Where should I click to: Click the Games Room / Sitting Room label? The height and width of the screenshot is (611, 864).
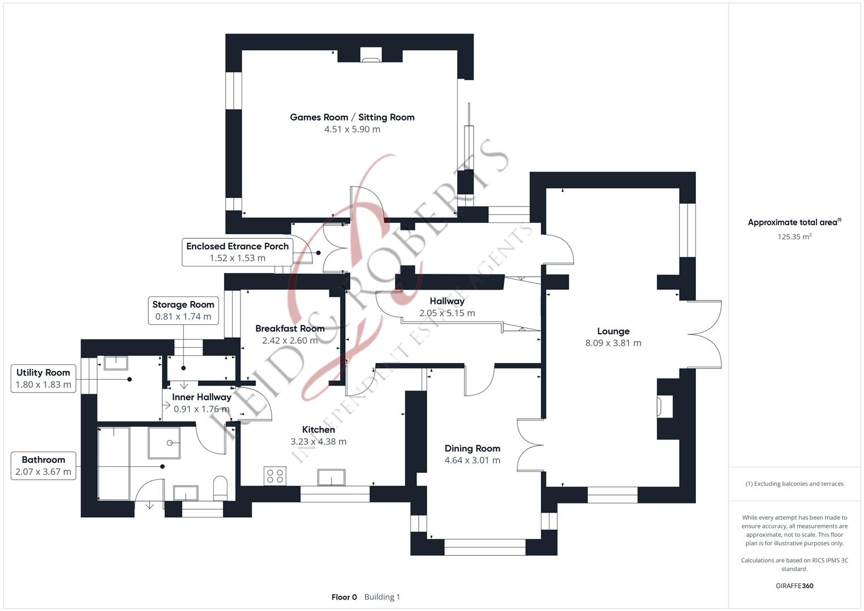(352, 117)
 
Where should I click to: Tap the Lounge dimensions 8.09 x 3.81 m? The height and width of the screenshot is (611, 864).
(613, 343)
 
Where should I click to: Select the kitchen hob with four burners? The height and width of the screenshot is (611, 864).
(276, 476)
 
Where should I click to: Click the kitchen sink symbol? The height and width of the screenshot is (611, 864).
(332, 477)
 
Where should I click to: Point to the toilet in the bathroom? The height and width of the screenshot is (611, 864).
(220, 488)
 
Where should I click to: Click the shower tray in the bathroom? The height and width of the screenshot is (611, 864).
(164, 442)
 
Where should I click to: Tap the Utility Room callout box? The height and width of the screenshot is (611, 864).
(44, 378)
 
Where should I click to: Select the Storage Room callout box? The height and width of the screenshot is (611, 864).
(183, 311)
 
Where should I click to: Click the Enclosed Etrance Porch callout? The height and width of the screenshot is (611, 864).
(237, 252)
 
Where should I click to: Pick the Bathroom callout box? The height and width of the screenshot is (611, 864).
(44, 466)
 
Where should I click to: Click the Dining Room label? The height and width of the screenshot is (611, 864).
(472, 448)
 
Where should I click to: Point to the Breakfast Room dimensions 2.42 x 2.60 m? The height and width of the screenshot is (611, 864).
(290, 341)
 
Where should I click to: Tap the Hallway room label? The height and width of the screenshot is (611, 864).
(446, 301)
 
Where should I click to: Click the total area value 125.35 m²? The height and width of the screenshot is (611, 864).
(794, 237)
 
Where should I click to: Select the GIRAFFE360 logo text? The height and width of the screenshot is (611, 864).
(794, 586)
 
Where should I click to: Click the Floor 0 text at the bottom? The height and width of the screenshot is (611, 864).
(344, 597)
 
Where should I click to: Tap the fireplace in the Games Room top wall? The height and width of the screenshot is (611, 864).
(371, 54)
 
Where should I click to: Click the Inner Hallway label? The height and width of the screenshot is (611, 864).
(201, 397)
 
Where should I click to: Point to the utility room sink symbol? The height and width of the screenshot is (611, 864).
(116, 362)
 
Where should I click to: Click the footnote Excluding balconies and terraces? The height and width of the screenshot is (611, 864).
(794, 484)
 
